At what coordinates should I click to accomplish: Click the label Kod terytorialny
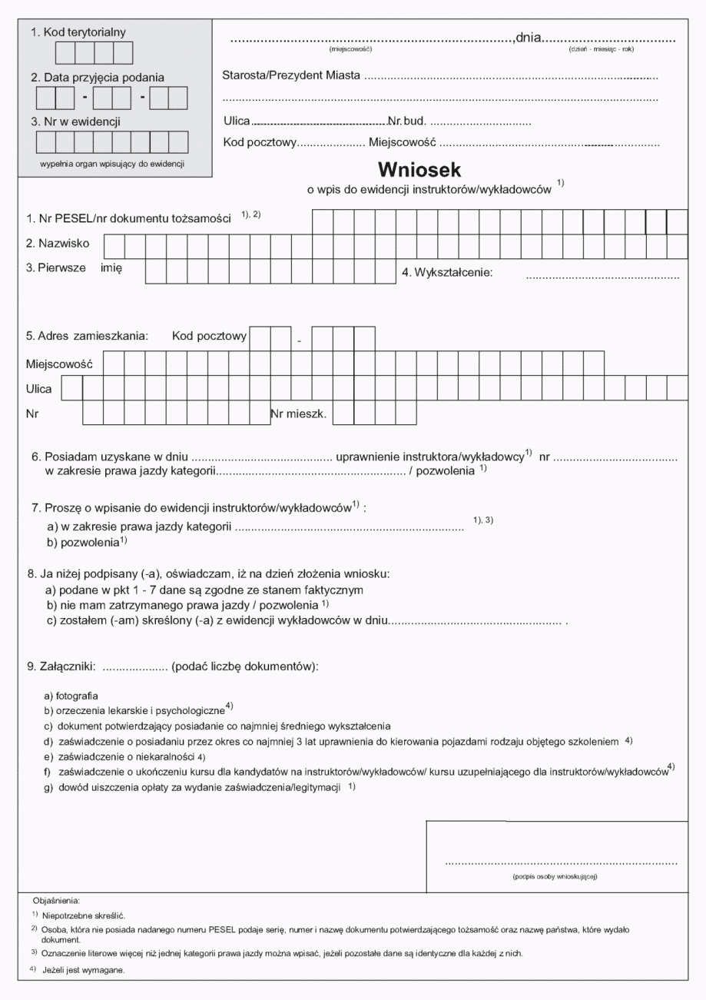[x=78, y=32]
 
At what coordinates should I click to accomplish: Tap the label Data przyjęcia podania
[x=97, y=78]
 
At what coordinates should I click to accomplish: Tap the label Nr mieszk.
[x=299, y=414]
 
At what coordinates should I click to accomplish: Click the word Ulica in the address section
[x=39, y=389]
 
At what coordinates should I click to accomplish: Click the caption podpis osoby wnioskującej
[x=555, y=876]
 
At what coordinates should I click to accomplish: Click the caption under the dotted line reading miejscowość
[x=350, y=50]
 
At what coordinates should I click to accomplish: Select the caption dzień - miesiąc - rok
[x=601, y=50]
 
